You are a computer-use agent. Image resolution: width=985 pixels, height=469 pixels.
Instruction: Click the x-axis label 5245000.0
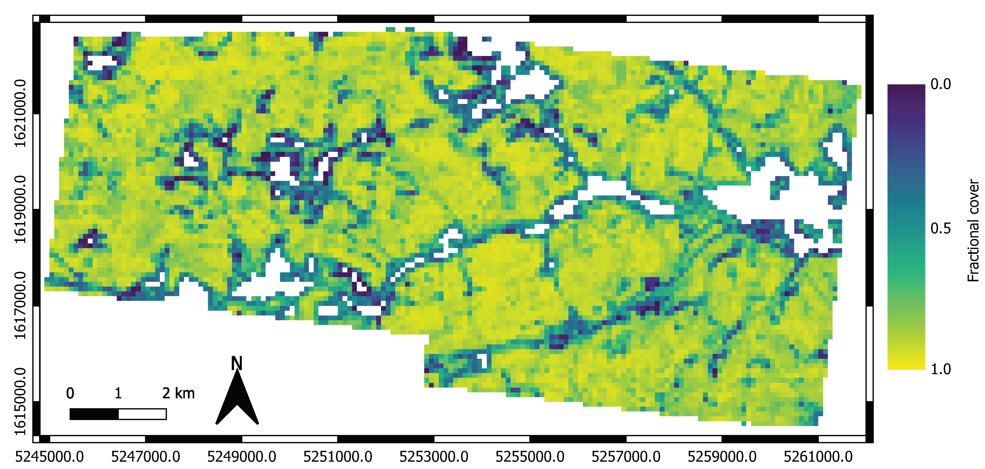49,456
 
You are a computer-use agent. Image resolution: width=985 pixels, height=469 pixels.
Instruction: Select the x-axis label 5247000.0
146,456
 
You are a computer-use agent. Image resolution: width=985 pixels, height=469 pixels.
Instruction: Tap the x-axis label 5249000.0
242,456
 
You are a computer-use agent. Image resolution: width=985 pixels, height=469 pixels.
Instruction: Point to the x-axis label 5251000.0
338,456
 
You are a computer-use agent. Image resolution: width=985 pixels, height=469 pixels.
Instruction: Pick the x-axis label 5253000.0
434,456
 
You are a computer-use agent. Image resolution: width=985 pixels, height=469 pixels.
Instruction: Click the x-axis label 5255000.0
530,456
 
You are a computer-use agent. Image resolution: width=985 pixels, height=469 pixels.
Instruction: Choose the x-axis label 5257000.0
626,456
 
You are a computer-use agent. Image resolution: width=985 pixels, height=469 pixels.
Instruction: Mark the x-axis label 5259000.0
722,456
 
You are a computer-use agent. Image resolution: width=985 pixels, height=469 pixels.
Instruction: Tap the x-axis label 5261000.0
818,456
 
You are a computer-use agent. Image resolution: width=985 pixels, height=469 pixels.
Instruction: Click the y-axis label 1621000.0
20,114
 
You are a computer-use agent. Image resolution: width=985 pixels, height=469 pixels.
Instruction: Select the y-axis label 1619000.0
20,210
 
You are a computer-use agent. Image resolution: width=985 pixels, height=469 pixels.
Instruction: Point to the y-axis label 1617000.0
20,306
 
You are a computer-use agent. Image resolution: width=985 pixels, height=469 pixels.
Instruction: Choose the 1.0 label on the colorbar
941,369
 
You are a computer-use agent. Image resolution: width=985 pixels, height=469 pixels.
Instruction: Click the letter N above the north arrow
237,363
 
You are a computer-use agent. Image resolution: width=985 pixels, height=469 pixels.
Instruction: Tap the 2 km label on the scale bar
178,393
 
